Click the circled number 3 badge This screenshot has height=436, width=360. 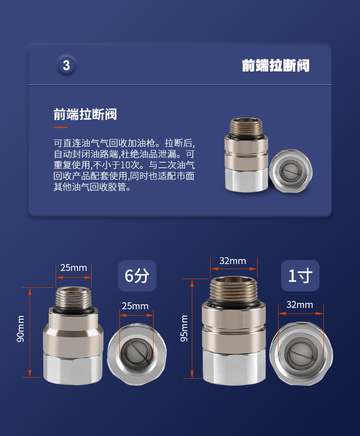pos(67,65)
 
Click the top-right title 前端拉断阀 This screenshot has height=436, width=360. pos(276,66)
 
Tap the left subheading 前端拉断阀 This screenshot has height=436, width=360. pos(85,114)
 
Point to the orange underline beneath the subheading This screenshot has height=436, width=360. pos(61,127)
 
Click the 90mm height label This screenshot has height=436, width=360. pos(21,329)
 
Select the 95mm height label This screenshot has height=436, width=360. pos(184,328)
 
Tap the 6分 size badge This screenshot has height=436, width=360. pos(137,275)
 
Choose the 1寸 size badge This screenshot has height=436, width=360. pos(300,275)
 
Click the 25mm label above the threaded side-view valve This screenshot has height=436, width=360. pos(74,268)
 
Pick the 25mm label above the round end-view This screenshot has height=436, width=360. pos(135,306)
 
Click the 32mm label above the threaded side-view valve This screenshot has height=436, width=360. pos(233,261)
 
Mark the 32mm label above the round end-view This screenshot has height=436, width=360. pos(300,305)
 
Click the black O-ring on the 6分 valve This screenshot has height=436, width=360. pos(73,310)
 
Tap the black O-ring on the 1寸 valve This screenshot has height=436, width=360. pos(234,302)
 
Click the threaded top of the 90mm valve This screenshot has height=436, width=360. pos(73,297)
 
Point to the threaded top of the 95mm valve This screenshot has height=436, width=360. pos(233,289)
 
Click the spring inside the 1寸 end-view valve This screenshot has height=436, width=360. pos(301,354)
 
